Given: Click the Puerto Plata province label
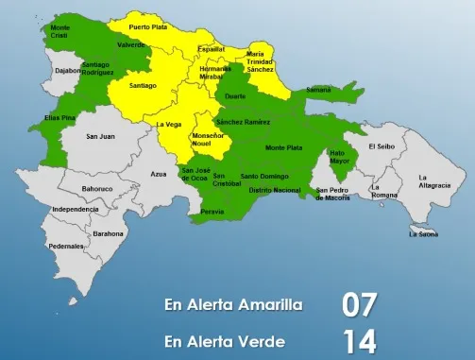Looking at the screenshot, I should (x=146, y=27).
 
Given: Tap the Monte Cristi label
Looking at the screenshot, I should (x=59, y=31).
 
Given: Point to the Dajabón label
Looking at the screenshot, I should (x=42, y=70).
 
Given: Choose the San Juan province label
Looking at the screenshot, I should (x=100, y=136).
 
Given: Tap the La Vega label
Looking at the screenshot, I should (x=168, y=124).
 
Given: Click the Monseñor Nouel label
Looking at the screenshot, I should (x=208, y=140).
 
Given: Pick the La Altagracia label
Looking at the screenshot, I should (x=434, y=181).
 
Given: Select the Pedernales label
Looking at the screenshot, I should (x=67, y=246).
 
